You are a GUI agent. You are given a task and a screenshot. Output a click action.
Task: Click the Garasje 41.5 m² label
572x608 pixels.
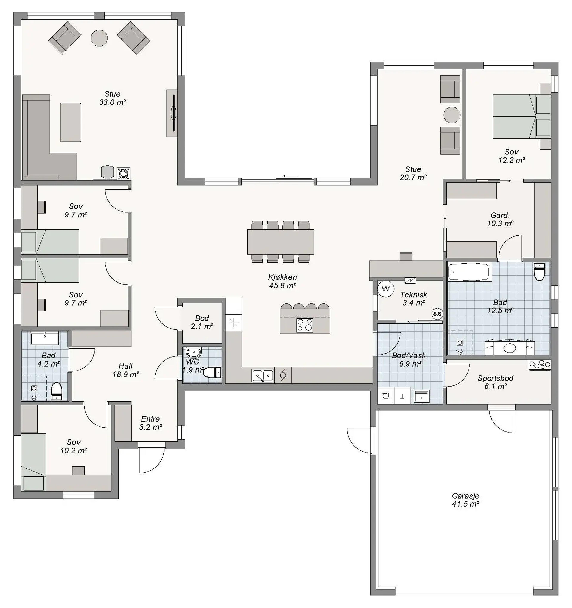click(465, 500)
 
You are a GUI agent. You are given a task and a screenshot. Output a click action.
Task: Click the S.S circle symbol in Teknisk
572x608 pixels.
click(437, 314)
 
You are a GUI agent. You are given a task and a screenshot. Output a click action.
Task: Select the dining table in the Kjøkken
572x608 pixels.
click(280, 242)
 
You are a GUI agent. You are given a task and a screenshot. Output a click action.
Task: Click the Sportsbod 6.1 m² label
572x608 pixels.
click(495, 382)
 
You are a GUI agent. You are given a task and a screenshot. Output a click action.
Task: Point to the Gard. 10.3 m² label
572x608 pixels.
click(500, 219)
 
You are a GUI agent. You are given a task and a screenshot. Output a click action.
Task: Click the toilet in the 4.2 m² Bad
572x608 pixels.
click(57, 391)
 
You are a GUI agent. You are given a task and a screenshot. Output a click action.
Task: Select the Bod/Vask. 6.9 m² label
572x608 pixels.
click(410, 360)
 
